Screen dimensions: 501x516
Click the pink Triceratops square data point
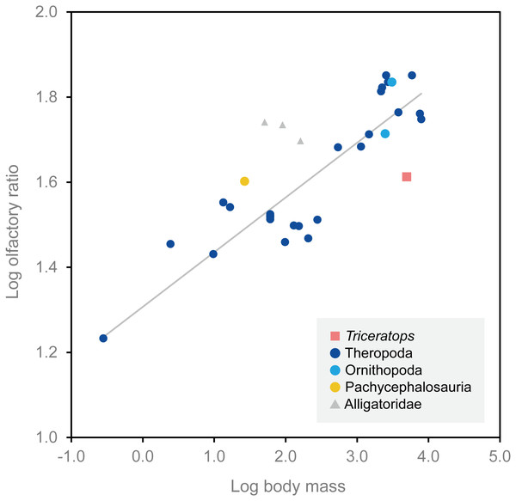click(x=407, y=177)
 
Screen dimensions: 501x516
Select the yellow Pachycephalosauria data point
click(x=244, y=181)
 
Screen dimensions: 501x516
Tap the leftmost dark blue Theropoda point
click(x=103, y=338)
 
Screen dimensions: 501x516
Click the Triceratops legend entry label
click(x=381, y=334)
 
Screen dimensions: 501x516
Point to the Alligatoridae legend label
click(x=384, y=405)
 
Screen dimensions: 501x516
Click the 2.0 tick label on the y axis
click(x=46, y=12)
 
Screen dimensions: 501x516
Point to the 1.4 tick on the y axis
click(x=46, y=267)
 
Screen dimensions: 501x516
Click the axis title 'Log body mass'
click(x=288, y=486)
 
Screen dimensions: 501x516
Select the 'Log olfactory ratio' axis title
click(x=13, y=225)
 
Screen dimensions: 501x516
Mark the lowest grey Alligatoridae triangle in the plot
click(x=300, y=141)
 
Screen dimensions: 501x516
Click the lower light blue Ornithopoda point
click(x=385, y=133)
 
